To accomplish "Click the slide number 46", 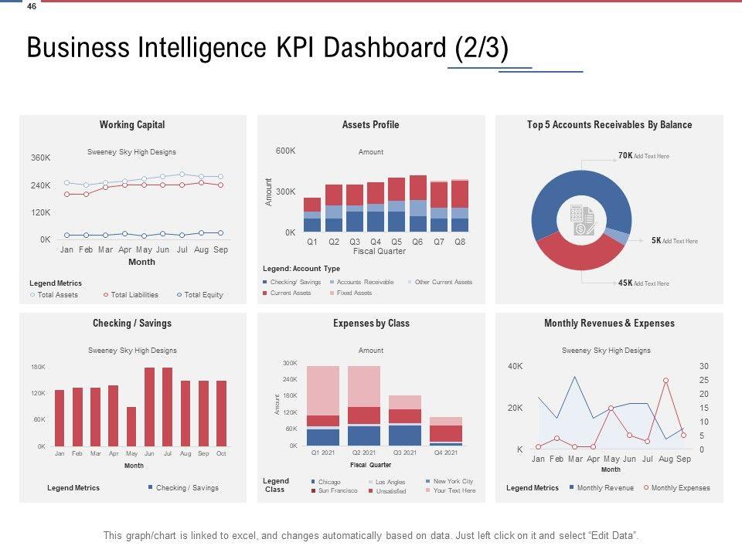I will click(x=31, y=6).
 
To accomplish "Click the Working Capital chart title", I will click(x=132, y=125).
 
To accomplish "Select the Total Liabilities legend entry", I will click(x=134, y=295).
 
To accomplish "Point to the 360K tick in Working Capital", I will click(x=40, y=158).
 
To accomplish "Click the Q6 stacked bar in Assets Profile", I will click(x=418, y=204).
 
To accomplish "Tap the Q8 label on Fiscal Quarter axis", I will click(x=460, y=242).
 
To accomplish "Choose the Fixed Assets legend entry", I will click(x=354, y=293).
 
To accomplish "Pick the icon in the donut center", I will click(x=581, y=220).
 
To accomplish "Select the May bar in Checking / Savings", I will click(x=131, y=426).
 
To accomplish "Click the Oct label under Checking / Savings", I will click(x=221, y=454).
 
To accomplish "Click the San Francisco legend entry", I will click(x=337, y=491).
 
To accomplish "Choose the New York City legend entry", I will click(x=453, y=482).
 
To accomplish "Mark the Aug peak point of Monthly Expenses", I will click(x=665, y=381).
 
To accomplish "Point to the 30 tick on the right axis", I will click(x=703, y=366).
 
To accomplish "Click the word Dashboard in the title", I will click(x=382, y=48).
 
